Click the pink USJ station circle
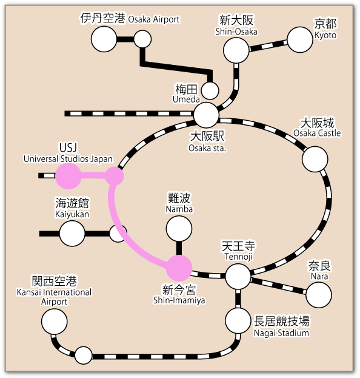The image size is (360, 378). coord(68,176)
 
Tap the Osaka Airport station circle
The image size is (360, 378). coord(104,39)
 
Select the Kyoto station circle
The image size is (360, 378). coord(300,39)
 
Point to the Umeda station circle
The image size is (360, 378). coord(210,90)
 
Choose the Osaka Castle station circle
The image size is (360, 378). coord(315,159)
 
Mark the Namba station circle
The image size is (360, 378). coord(179,229)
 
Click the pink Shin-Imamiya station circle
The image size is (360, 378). coord(179,268)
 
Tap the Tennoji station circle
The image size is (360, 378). coord(238,277)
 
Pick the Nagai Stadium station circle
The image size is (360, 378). coord(238,320)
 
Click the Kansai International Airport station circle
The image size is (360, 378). coord(55,320)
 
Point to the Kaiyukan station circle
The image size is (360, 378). coord(72,233)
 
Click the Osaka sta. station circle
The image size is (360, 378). coord(207,115)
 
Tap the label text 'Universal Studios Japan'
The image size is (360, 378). coord(68,159)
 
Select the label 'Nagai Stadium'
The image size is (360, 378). coord(282,332)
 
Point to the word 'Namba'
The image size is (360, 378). coord(179,209)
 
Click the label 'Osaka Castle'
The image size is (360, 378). coord(317,133)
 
